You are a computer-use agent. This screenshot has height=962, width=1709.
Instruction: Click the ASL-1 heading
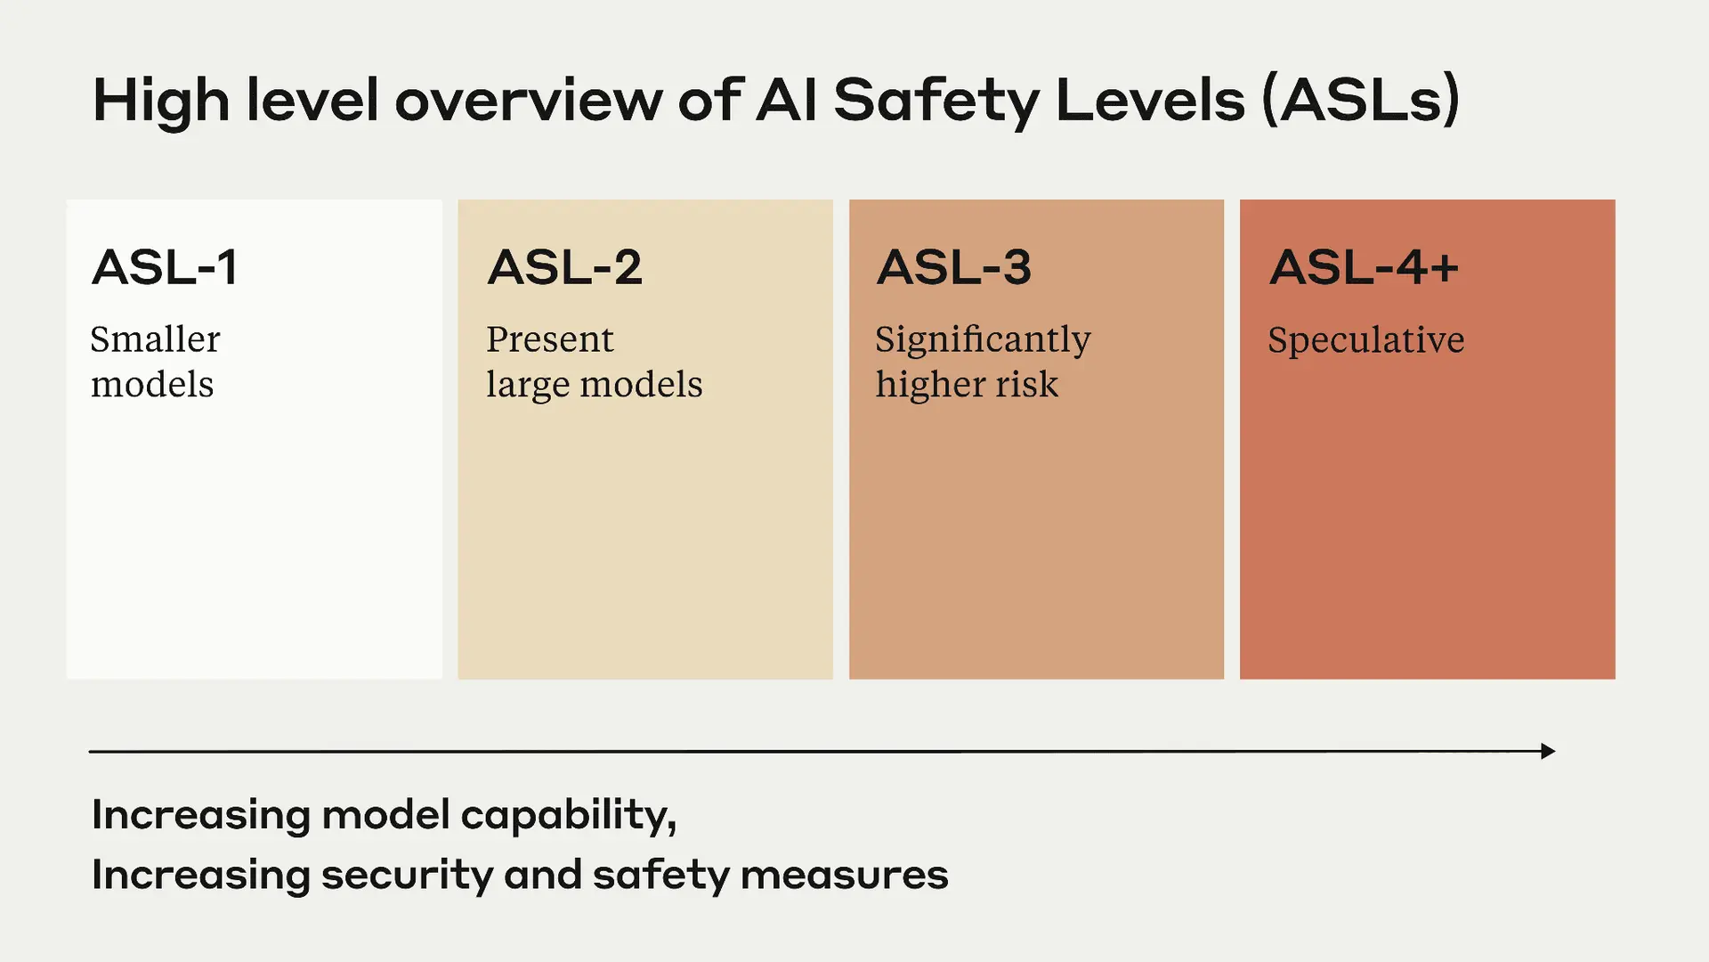click(165, 267)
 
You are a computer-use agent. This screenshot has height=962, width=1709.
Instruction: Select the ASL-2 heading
click(564, 267)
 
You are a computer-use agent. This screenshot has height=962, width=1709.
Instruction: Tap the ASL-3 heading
click(954, 267)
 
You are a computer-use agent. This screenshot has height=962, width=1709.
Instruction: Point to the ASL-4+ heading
click(1364, 267)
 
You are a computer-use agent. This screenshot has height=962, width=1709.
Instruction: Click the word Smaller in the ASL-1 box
click(155, 339)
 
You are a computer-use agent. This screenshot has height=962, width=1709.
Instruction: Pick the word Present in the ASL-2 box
click(549, 339)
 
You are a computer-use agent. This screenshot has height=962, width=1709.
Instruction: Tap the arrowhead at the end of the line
click(1548, 751)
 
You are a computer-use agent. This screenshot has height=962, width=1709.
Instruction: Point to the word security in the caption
click(407, 876)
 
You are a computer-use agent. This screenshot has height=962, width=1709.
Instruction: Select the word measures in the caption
click(844, 876)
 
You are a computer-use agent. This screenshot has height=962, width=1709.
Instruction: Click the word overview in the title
click(528, 100)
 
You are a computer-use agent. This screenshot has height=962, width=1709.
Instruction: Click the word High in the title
click(161, 102)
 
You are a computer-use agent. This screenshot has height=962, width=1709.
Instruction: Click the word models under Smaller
click(152, 385)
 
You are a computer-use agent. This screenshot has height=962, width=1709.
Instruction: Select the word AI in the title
click(787, 100)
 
